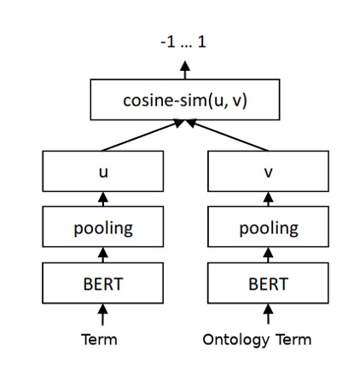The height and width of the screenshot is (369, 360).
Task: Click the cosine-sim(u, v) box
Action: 185,101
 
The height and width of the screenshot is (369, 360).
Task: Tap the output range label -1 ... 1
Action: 184,39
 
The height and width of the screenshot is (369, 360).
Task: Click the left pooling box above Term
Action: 102,228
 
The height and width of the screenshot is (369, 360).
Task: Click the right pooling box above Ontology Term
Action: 268,228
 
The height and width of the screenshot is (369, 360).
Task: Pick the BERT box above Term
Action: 102,283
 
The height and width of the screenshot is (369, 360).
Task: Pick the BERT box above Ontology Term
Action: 268,283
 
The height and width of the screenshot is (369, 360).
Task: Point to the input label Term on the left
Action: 99,340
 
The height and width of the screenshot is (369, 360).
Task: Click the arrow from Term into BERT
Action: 102,314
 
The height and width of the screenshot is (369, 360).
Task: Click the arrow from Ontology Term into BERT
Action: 268,314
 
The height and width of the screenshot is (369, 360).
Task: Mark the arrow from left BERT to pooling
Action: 102,255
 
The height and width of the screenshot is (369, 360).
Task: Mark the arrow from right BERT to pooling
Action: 268,255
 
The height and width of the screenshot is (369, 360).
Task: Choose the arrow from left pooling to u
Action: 102,199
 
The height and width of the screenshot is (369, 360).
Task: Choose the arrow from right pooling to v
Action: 268,199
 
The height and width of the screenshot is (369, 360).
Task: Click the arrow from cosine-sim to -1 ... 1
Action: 185,71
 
